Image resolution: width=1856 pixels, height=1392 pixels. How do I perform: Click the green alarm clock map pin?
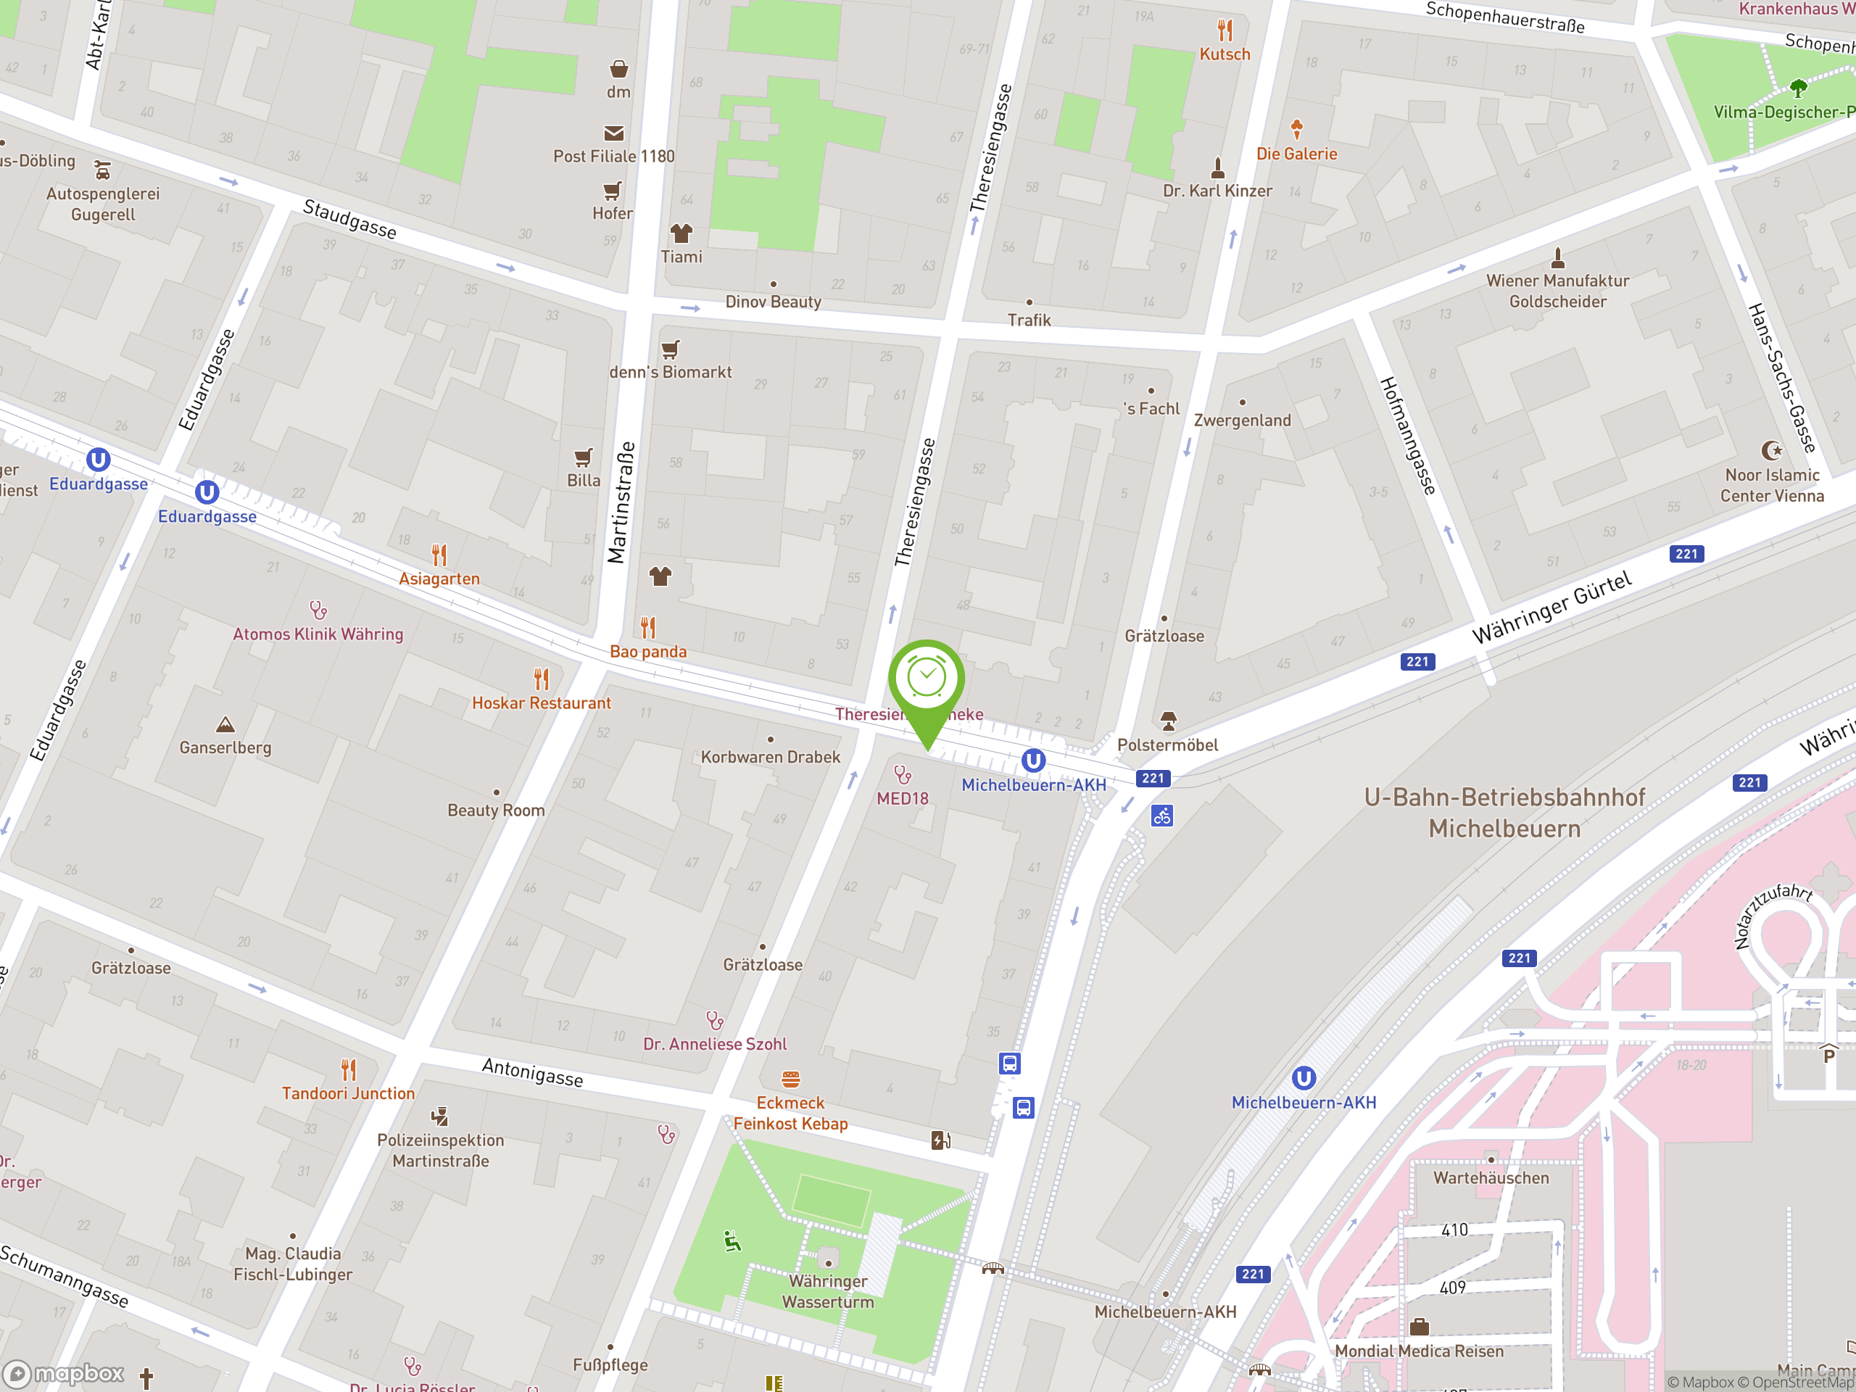(x=927, y=679)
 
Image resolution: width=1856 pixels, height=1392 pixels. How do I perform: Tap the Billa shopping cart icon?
(x=583, y=457)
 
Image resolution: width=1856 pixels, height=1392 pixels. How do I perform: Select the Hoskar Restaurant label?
(x=541, y=703)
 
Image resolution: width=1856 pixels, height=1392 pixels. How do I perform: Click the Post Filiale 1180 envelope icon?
(x=614, y=133)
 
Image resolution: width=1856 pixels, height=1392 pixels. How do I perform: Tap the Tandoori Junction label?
(x=348, y=1093)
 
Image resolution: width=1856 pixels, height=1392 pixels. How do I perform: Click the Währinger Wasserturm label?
(x=827, y=1291)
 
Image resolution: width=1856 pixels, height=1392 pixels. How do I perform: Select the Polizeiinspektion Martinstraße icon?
(x=439, y=1116)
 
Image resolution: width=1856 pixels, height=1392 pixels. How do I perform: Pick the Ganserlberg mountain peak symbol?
(x=225, y=724)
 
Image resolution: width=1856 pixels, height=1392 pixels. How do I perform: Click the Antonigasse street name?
(x=533, y=1072)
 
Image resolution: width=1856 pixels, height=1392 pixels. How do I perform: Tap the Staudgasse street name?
(x=350, y=219)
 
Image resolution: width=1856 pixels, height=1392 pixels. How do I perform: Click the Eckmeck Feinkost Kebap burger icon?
(x=790, y=1079)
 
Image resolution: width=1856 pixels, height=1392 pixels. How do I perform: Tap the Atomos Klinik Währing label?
(x=318, y=634)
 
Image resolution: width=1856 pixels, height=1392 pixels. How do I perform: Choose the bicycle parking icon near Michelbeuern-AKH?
(x=1162, y=816)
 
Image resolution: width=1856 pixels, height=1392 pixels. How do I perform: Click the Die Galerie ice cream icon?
(x=1296, y=129)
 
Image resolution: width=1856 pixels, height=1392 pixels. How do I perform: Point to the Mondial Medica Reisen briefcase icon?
(x=1419, y=1327)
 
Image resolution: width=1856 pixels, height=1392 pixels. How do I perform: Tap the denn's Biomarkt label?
(x=671, y=372)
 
